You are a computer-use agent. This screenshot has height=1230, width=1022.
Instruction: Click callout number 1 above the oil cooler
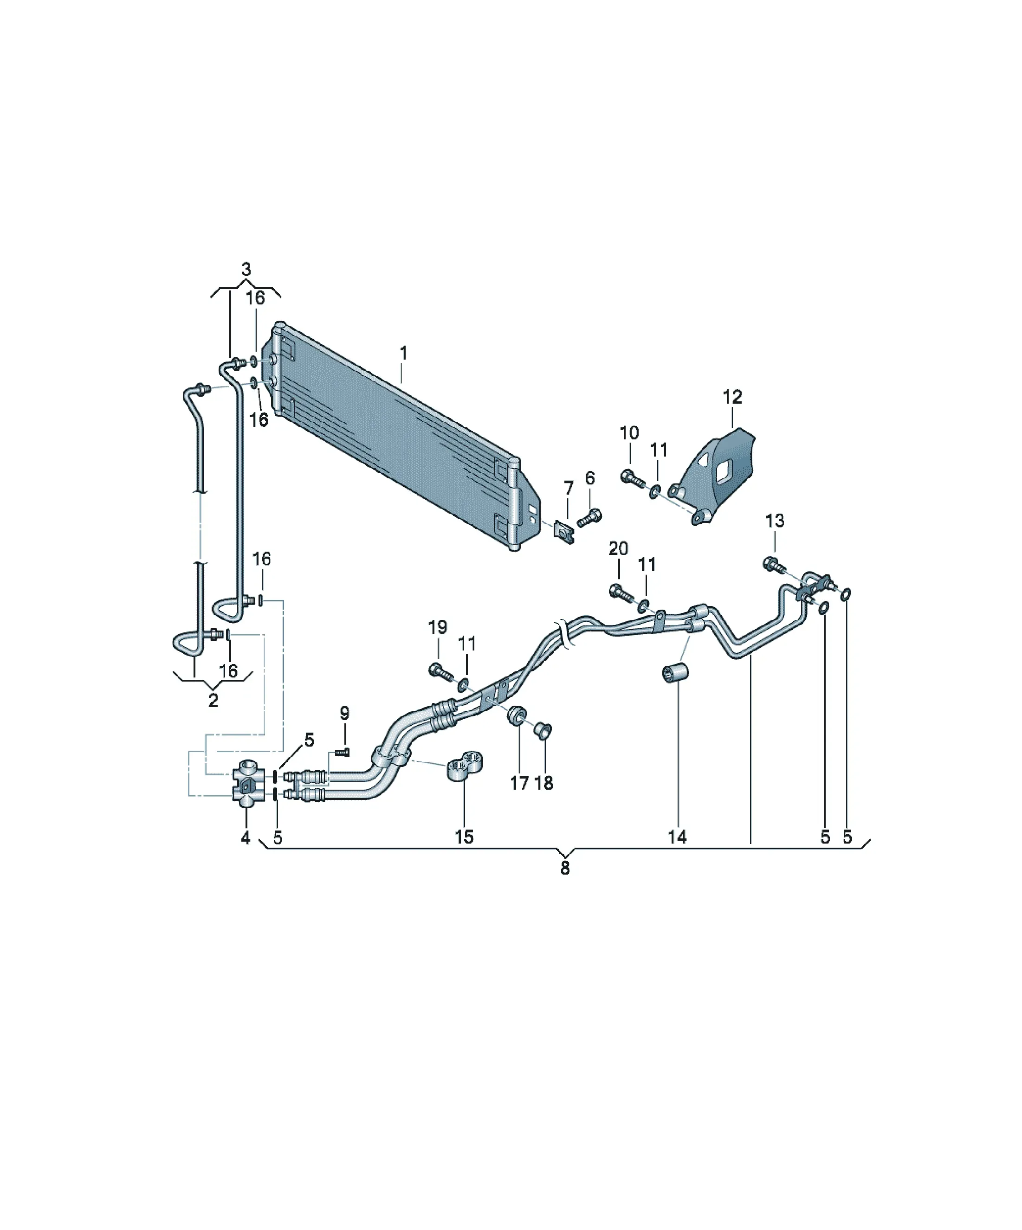point(403,353)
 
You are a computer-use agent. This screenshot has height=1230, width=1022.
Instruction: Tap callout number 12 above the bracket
point(732,397)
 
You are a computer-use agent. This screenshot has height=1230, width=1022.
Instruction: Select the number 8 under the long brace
point(565,868)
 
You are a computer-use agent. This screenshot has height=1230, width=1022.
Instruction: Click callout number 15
point(464,837)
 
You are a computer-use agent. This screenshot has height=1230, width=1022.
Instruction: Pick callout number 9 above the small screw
point(344,714)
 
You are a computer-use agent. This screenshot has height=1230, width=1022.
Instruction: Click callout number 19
point(438,627)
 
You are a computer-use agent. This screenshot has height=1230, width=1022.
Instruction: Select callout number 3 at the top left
point(246,270)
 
